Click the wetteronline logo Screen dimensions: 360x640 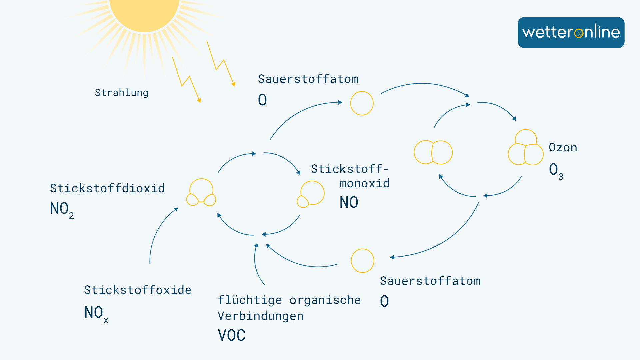pyautogui.click(x=571, y=32)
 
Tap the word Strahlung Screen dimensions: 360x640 pyautogui.click(x=121, y=93)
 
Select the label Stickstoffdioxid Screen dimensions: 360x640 pyautogui.click(x=107, y=188)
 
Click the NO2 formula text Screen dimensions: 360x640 pyautogui.click(x=62, y=210)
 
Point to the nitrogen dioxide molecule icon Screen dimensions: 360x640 pyautogui.click(x=201, y=193)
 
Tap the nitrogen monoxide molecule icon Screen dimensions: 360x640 pyautogui.click(x=310, y=194)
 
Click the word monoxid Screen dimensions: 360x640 pyautogui.click(x=364, y=183)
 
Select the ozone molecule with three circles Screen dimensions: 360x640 pyautogui.click(x=526, y=148)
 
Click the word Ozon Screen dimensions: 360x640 pyautogui.click(x=563, y=147)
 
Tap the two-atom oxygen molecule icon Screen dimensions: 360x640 pyautogui.click(x=433, y=152)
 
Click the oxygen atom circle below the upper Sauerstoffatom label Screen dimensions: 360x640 pyautogui.click(x=362, y=103)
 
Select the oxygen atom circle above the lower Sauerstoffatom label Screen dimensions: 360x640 pyautogui.click(x=362, y=261)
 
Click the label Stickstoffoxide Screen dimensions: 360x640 pyautogui.click(x=138, y=290)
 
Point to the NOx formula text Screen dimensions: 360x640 pyautogui.click(x=96, y=314)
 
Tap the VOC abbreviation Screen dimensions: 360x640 pyautogui.click(x=232, y=335)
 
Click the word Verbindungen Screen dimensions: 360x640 pyautogui.click(x=261, y=316)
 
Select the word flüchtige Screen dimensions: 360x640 pyautogui.click(x=250, y=300)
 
